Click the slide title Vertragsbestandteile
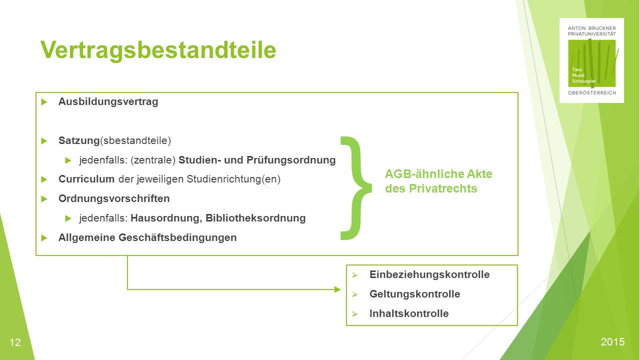coord(158,50)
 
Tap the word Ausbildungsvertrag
coord(108,101)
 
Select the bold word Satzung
coord(79,140)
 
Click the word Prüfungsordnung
coord(291,160)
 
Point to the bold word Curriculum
coord(86,179)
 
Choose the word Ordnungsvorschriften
coord(114,198)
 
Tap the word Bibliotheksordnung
coord(255,218)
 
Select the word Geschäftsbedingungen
coord(177,237)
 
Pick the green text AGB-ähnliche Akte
coord(438,174)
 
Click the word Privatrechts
coord(443,188)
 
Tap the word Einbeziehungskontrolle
coord(429,274)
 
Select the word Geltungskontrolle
coord(414,294)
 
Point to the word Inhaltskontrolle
coord(409,313)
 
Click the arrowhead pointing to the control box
coord(337,289)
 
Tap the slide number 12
coord(15,342)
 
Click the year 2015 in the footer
coord(612,342)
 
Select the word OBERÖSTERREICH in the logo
coord(592,93)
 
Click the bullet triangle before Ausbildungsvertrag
coord(44,102)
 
